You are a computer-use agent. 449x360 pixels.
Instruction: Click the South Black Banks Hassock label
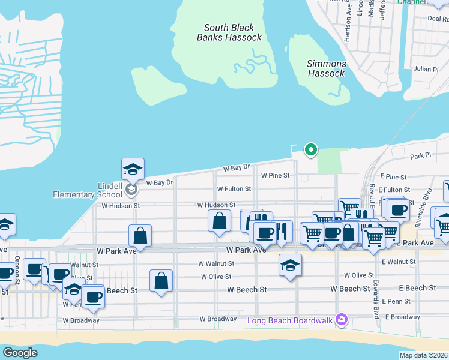tap(229, 32)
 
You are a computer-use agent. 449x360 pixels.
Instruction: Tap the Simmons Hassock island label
tap(326, 68)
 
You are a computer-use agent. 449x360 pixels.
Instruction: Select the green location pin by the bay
tap(310, 149)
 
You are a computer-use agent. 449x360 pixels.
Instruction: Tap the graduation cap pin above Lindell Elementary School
tap(133, 170)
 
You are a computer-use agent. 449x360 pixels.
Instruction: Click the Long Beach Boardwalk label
tap(291, 319)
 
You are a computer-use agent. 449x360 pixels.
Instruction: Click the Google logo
tap(20, 353)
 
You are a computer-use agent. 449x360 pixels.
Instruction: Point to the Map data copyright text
tap(423, 355)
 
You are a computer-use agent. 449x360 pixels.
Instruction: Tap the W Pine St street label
tap(276, 175)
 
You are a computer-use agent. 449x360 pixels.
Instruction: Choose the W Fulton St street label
tap(234, 188)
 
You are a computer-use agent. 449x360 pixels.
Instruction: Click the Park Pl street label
tap(420, 155)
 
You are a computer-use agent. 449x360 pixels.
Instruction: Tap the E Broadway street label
tap(402, 317)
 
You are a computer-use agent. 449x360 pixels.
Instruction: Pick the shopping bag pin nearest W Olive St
tap(161, 281)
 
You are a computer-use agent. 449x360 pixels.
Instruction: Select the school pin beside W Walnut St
tap(290, 265)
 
